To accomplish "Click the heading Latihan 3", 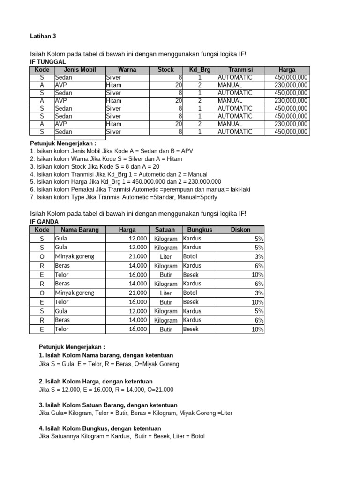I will point(43,36).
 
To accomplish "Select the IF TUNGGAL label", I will point(48,62).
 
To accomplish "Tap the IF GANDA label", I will point(44,221).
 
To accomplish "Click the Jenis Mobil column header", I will point(79,70).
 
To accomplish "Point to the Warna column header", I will point(127,70).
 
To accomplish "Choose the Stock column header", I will point(165,70).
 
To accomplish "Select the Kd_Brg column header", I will point(200,70).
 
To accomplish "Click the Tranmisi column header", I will point(240,70).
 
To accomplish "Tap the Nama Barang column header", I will point(76,230).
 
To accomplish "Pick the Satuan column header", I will point(165,230).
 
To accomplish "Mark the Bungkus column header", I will point(200,230).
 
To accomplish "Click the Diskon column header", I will point(241,230).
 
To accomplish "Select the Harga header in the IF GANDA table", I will point(127,230).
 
